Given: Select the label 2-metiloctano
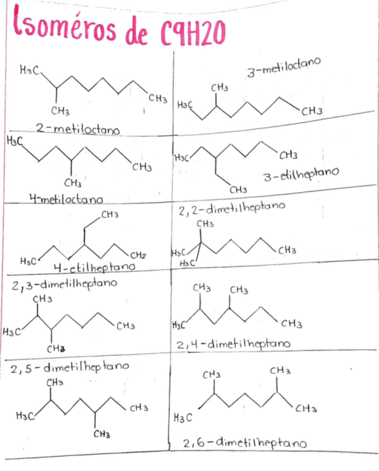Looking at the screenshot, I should [x=78, y=129].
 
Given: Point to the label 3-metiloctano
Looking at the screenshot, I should [x=283, y=69].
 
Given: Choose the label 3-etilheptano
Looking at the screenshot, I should [x=301, y=177].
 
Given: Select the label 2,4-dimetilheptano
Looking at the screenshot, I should [x=233, y=345].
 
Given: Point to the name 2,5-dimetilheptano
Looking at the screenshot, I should [x=70, y=367].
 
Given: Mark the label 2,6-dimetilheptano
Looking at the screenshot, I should [x=245, y=443].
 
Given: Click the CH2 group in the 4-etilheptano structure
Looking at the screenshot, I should [x=138, y=255].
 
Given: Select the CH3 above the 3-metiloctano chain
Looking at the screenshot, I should [x=220, y=87].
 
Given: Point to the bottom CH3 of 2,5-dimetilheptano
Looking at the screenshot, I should [x=101, y=434].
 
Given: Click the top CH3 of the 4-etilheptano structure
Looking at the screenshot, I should [x=109, y=214].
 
